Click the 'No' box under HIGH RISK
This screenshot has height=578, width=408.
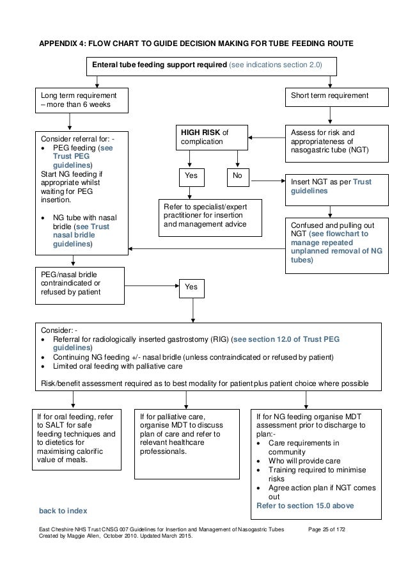tap(237, 174)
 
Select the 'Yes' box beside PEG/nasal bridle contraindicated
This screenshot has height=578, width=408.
tap(191, 288)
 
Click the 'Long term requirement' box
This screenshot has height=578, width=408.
tap(81, 100)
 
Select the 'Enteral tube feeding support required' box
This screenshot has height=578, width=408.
tap(208, 65)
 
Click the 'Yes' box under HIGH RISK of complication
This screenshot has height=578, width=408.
tap(191, 174)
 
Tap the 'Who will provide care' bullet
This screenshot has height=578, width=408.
tap(304, 461)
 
